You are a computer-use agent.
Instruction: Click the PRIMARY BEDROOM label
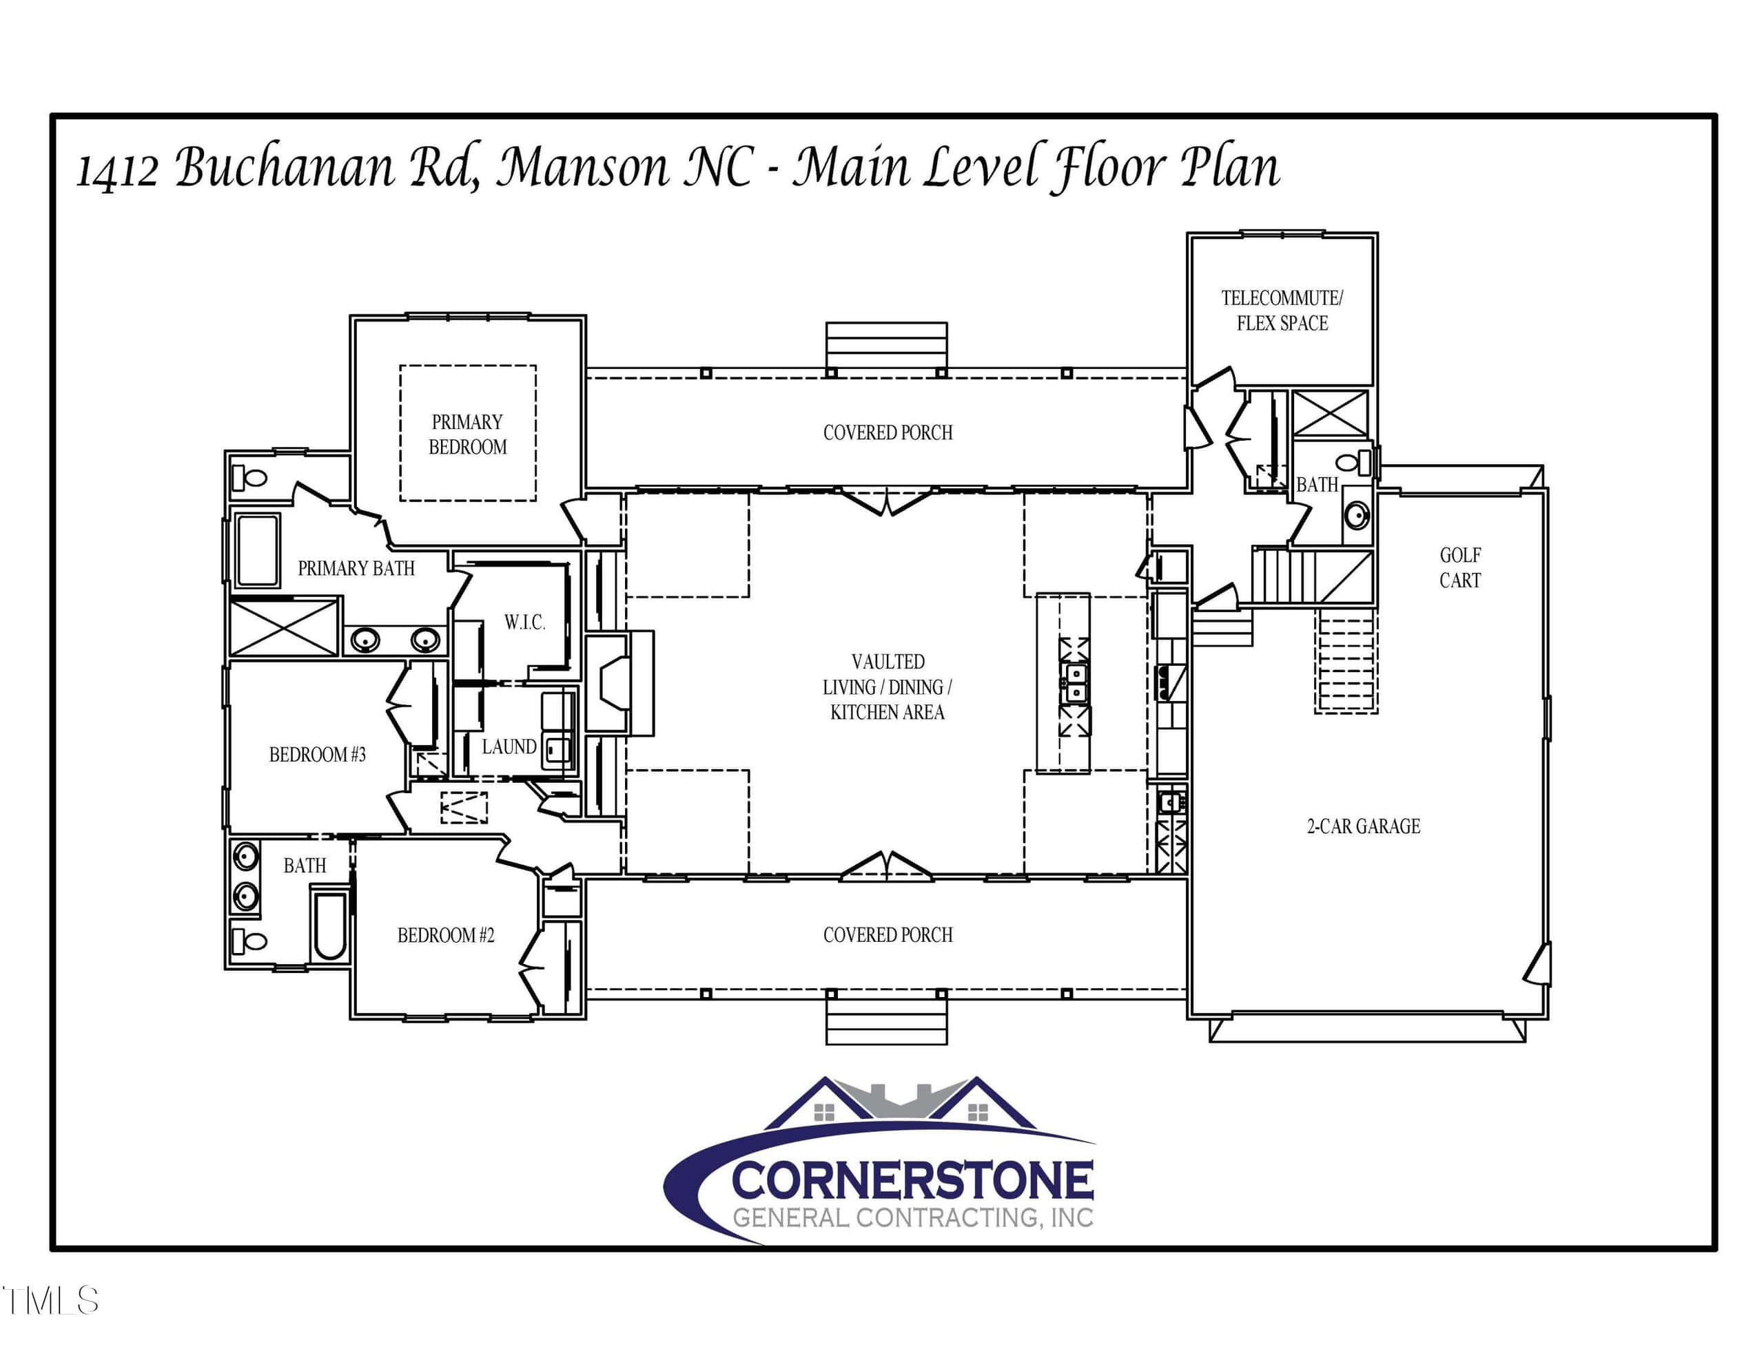click(468, 434)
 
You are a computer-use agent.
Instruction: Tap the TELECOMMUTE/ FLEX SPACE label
click(1282, 311)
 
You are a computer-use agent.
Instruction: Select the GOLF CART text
click(1460, 567)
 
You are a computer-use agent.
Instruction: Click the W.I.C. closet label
click(525, 622)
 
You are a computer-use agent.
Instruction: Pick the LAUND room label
click(509, 747)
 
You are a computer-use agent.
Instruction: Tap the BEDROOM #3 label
click(318, 755)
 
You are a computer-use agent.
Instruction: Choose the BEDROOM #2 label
click(446, 936)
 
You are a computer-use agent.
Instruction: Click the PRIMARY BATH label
click(356, 568)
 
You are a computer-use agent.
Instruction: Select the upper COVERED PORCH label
click(888, 432)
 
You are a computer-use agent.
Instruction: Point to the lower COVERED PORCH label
click(888, 935)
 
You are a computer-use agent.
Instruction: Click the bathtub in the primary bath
click(258, 549)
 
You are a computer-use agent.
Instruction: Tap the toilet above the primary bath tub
click(249, 478)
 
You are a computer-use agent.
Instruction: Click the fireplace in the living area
click(619, 684)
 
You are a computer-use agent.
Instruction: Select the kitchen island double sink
click(1074, 683)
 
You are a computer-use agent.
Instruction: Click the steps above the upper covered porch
click(886, 346)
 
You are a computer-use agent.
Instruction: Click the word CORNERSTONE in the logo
click(913, 1180)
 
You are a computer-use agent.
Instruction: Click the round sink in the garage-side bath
click(1356, 514)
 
